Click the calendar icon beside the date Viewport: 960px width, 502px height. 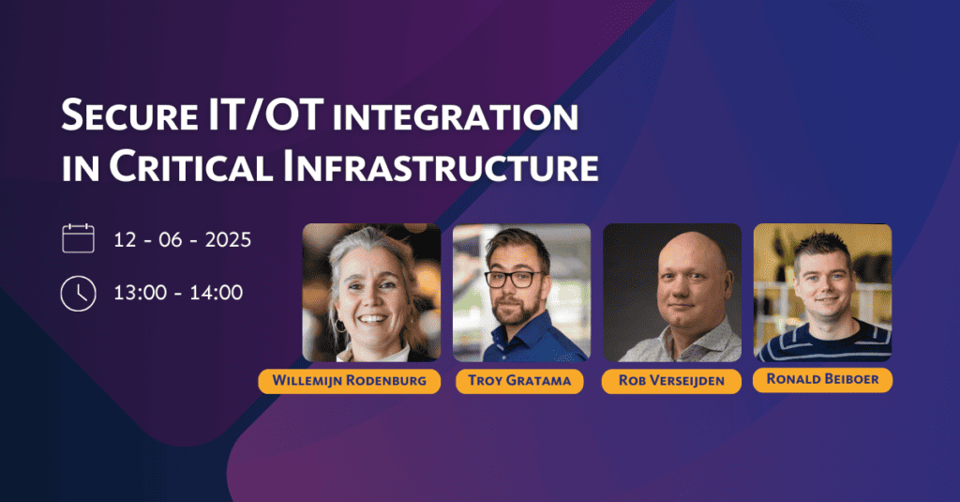(79, 238)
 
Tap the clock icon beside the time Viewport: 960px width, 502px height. (79, 294)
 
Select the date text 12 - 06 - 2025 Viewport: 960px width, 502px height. (183, 239)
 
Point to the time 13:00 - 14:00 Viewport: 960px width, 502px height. (178, 293)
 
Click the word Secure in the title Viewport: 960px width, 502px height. (129, 114)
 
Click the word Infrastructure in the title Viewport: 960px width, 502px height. (441, 166)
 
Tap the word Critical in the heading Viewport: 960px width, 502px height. (190, 166)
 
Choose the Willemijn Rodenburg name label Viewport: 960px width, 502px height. (350, 381)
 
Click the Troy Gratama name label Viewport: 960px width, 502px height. (519, 381)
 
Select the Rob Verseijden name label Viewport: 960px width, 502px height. (671, 381)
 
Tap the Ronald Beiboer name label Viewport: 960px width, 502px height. (822, 379)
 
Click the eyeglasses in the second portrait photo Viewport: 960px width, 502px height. (515, 280)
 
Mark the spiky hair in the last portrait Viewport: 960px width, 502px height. (823, 245)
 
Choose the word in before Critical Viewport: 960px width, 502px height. (81, 168)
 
